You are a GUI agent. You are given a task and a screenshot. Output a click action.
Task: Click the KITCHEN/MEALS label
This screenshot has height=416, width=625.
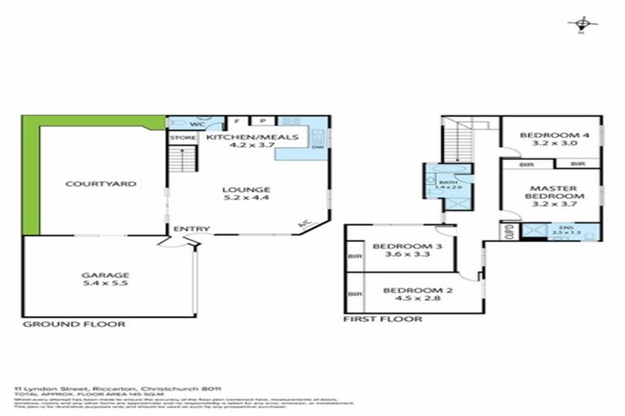tap(240, 138)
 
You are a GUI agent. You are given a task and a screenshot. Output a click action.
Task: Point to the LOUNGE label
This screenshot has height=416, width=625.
tap(246, 189)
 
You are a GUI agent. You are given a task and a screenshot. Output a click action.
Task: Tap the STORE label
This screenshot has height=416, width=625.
tap(182, 138)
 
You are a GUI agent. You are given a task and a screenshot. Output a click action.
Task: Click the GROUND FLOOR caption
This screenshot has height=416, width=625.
tap(73, 323)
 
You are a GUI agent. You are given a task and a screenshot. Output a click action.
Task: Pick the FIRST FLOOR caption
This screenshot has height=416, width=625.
tap(382, 319)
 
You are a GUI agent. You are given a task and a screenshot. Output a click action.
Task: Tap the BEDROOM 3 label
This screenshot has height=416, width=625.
tap(401, 246)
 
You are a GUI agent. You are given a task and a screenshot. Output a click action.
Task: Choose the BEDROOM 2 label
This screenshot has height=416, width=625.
tap(411, 290)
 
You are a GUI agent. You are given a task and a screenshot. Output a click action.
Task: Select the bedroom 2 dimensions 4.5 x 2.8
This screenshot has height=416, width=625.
tap(411, 299)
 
